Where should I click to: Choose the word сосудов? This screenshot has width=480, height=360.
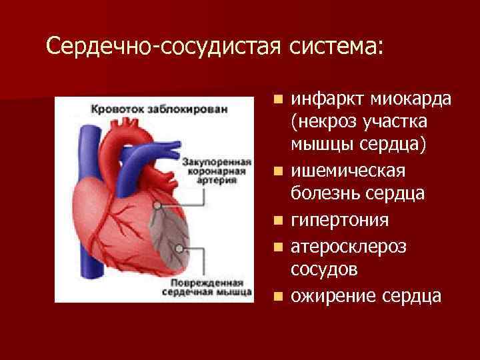pyautogui.click(x=323, y=269)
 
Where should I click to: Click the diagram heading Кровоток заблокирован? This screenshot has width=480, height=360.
pyautogui.click(x=159, y=109)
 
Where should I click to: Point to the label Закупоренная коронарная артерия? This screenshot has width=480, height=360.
pyautogui.click(x=215, y=171)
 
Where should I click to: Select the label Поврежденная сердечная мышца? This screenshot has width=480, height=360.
pyautogui.click(x=208, y=286)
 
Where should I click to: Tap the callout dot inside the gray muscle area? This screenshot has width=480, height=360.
pyautogui.click(x=179, y=247)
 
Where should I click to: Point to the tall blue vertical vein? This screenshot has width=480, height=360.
pyautogui.click(x=86, y=200)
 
